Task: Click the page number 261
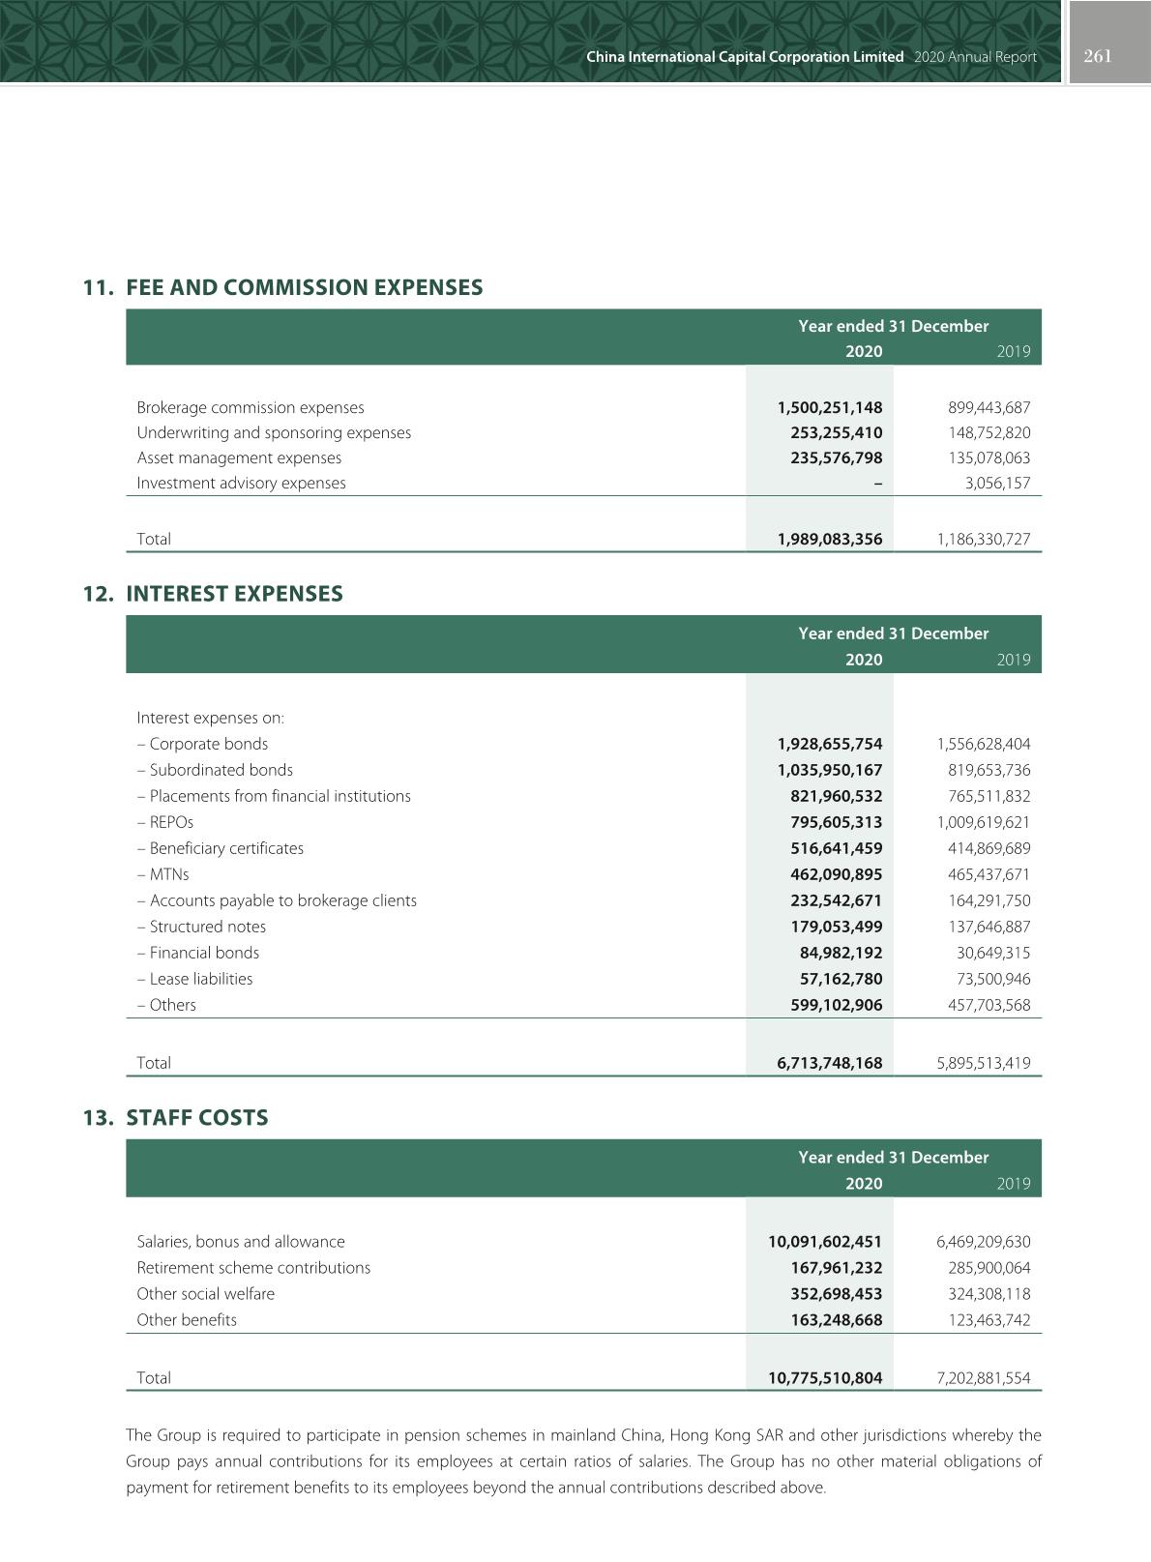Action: point(1098,56)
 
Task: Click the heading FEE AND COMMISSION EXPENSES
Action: point(304,287)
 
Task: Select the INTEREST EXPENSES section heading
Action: point(234,594)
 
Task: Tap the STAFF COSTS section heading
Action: point(197,1118)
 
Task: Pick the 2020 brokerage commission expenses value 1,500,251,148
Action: point(830,408)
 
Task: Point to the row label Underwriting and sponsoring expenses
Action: point(274,433)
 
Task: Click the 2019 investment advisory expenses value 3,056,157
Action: point(997,484)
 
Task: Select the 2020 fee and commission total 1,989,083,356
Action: point(830,540)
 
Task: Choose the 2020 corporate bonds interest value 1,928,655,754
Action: point(830,745)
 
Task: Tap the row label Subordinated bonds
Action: point(221,771)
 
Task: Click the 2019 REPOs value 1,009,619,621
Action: point(984,823)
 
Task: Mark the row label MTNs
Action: point(169,875)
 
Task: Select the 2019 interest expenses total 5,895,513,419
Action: point(984,1064)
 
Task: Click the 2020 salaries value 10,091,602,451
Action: point(825,1243)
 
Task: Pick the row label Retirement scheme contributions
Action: point(253,1269)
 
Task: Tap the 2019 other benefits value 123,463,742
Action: point(989,1321)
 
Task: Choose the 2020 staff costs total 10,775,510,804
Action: point(825,1379)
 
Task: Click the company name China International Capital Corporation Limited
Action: point(745,57)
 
